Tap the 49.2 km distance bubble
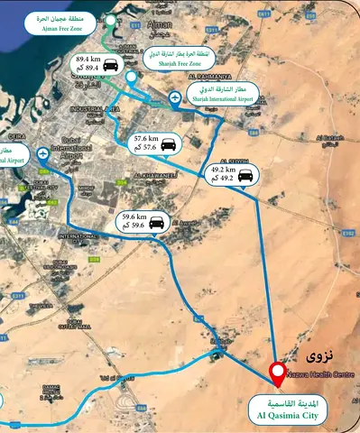click(x=234, y=174)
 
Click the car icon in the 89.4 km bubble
click(x=111, y=65)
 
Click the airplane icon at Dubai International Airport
click(x=44, y=155)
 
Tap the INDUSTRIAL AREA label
click(x=100, y=109)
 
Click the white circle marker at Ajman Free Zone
click(x=110, y=20)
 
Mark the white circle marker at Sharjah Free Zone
click(x=132, y=78)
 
